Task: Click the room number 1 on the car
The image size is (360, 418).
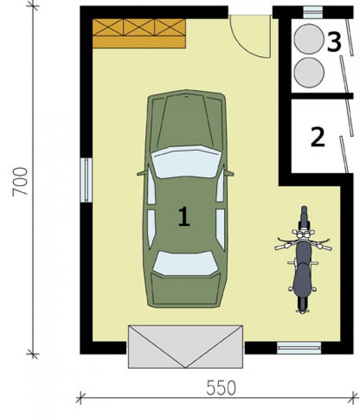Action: pyautogui.click(x=184, y=216)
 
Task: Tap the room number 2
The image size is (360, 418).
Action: pyautogui.click(x=318, y=137)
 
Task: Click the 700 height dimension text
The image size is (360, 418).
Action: pyautogui.click(x=20, y=182)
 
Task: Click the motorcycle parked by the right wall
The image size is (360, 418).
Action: pyautogui.click(x=303, y=259)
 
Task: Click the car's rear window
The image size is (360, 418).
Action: pyautogui.click(x=185, y=263)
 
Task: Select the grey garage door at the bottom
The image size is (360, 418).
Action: pyautogui.click(x=185, y=346)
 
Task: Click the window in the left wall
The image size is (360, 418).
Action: pyautogui.click(x=86, y=180)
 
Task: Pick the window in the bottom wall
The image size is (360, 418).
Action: pyautogui.click(x=299, y=348)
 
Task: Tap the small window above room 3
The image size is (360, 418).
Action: pyautogui.click(x=313, y=12)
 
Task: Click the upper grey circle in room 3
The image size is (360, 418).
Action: pyautogui.click(x=309, y=39)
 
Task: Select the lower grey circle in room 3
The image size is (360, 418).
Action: pyautogui.click(x=309, y=72)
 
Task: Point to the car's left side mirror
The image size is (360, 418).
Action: pyautogui.click(x=142, y=174)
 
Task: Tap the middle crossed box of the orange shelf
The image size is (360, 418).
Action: pyautogui.click(x=139, y=27)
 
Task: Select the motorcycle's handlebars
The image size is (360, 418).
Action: pyautogui.click(x=303, y=242)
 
